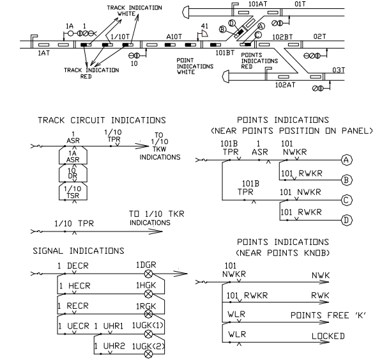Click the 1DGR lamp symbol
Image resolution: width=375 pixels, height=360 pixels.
148,274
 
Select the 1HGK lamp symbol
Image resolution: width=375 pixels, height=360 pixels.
148,293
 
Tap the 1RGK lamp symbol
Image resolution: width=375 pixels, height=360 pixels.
148,314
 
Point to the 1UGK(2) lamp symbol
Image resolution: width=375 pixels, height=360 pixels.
148,354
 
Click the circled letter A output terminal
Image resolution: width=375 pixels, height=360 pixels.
346,160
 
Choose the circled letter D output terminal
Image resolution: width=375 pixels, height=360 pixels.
346,220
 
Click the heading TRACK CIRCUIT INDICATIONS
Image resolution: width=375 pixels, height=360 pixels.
102,120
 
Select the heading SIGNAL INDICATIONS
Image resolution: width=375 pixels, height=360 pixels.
79,251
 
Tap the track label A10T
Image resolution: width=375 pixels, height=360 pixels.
174,36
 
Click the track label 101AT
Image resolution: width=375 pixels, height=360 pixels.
258,4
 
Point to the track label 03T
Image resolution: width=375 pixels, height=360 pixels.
339,70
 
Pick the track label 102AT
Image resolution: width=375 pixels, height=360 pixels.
285,85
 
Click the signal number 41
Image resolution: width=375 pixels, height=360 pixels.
204,26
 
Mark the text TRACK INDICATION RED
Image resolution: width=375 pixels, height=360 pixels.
91,74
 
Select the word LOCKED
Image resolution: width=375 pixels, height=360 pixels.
328,336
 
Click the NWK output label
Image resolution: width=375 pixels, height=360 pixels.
321,275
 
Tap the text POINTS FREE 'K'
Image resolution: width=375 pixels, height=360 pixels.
328,315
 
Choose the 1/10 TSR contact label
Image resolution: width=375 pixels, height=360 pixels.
73,192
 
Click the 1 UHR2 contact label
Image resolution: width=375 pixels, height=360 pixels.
109,346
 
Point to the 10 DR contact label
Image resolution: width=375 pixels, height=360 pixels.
72,173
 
